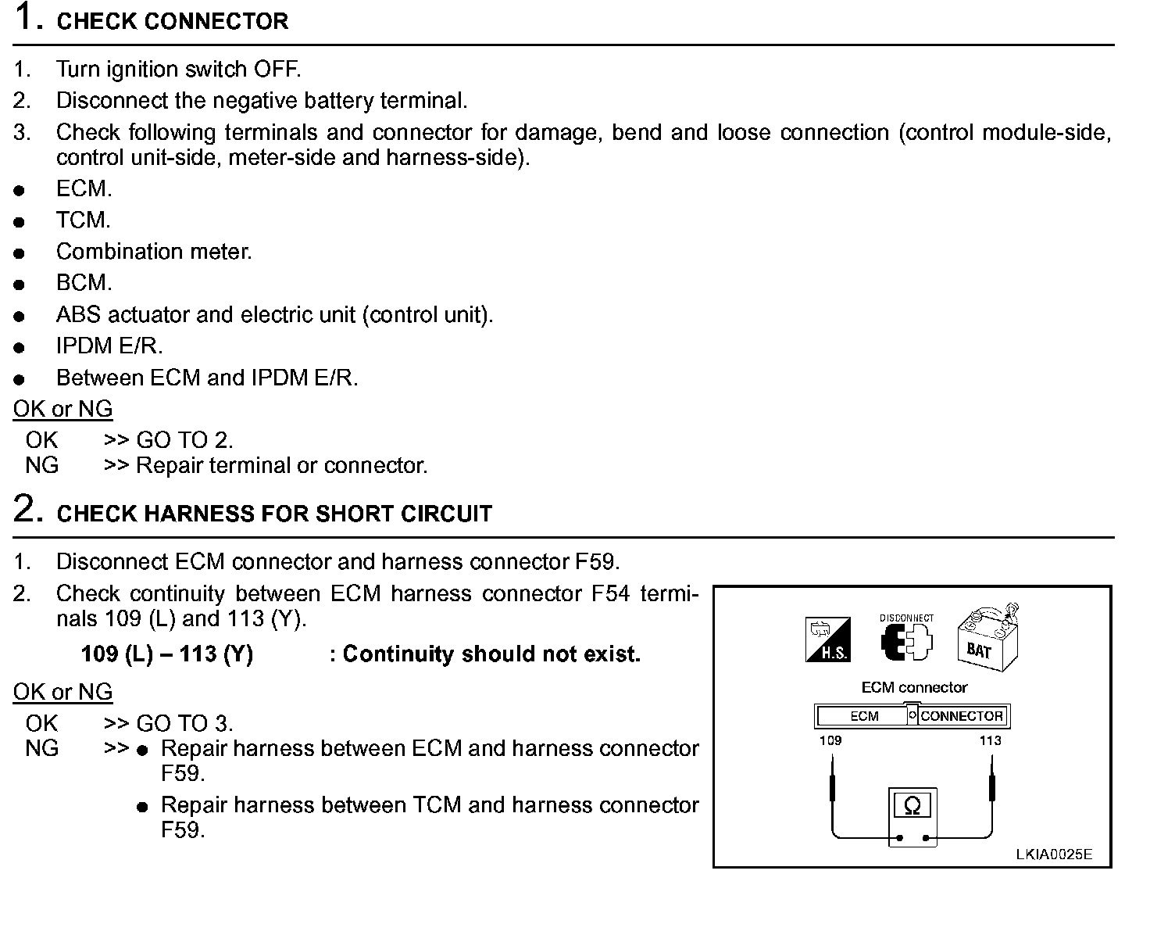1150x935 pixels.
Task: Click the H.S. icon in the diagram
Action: click(x=827, y=639)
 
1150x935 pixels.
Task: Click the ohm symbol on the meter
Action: click(x=912, y=805)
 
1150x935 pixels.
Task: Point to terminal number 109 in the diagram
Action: click(x=830, y=740)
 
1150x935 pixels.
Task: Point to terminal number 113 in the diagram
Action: click(x=990, y=740)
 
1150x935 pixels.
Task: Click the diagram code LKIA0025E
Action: click(x=1053, y=854)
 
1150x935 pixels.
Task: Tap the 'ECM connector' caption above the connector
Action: click(x=913, y=687)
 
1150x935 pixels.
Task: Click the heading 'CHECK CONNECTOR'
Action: click(x=173, y=21)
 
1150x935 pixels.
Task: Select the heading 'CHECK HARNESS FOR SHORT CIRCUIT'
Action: click(x=274, y=514)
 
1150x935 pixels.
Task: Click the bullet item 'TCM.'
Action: click(x=83, y=220)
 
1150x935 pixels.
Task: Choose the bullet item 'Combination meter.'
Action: click(x=154, y=252)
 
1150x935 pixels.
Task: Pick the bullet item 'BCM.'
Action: click(x=84, y=283)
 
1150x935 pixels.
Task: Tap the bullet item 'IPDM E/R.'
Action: click(x=109, y=346)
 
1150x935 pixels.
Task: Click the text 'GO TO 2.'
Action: click(x=184, y=440)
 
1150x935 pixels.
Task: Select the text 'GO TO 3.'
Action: click(x=184, y=723)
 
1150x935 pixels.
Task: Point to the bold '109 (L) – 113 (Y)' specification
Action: click(x=166, y=654)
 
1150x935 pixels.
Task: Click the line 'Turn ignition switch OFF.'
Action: click(x=178, y=69)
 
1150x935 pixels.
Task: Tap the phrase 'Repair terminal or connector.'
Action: click(x=281, y=466)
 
